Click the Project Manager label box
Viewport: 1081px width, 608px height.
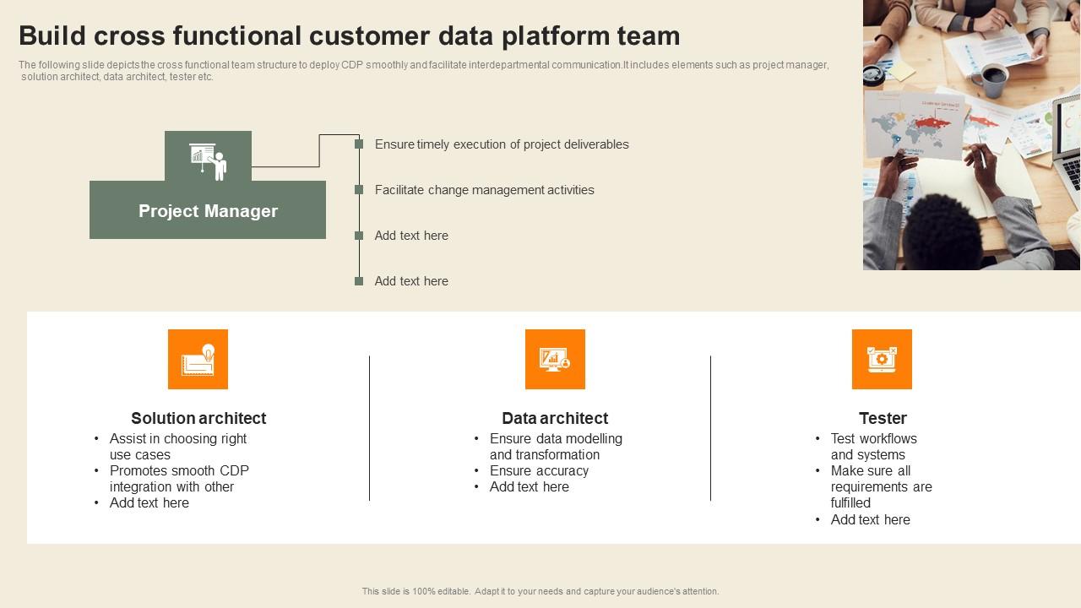[208, 211]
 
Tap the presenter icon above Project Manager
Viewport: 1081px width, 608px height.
[208, 158]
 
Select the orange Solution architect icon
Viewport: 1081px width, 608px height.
[198, 359]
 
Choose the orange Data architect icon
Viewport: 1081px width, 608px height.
[555, 359]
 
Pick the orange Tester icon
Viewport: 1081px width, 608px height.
[882, 359]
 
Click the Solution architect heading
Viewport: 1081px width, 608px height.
[198, 418]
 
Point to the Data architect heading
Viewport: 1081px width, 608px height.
[555, 418]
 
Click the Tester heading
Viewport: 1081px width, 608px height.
[883, 418]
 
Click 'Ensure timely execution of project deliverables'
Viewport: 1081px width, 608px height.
[502, 144]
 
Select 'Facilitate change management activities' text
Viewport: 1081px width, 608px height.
[484, 190]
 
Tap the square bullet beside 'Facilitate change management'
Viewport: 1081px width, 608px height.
[359, 190]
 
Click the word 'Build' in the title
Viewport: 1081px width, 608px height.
[53, 36]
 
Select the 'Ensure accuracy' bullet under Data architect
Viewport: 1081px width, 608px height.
[539, 470]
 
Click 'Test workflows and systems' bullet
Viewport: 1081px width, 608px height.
[873, 446]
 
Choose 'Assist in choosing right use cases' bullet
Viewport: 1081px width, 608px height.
[177, 446]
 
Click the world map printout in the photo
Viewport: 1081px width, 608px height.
[916, 127]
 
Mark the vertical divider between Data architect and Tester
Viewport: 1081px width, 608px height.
[710, 428]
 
